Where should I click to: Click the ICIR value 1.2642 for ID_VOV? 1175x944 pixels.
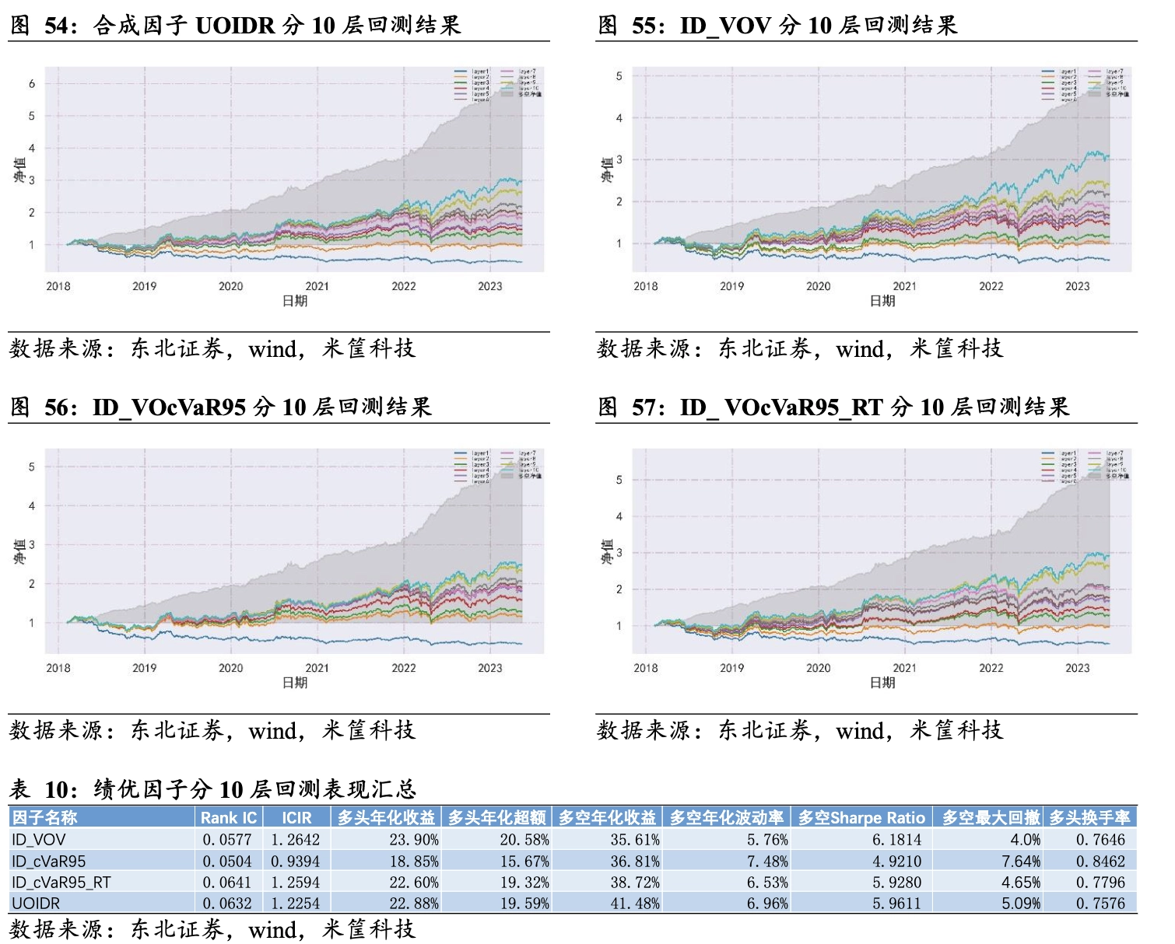[x=295, y=840]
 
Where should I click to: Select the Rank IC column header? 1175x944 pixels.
[x=228, y=818]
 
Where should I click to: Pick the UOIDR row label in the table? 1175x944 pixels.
[x=36, y=904]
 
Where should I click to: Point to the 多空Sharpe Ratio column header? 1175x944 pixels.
[x=861, y=818]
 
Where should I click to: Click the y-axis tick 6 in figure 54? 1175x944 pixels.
[x=32, y=84]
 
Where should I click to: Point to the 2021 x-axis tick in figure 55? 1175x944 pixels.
[x=904, y=286]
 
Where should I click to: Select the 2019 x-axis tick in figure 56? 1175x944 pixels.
[x=144, y=668]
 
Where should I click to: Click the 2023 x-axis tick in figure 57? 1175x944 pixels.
[x=1077, y=668]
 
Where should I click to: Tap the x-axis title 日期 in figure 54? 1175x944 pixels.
[x=295, y=301]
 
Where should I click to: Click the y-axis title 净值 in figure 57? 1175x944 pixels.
[x=607, y=552]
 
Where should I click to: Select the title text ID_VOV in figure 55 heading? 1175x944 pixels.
[x=725, y=26]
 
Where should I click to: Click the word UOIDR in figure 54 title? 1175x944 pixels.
[x=235, y=26]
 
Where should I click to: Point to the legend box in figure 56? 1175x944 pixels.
[x=497, y=466]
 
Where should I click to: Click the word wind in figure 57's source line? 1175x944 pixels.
[x=860, y=731]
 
